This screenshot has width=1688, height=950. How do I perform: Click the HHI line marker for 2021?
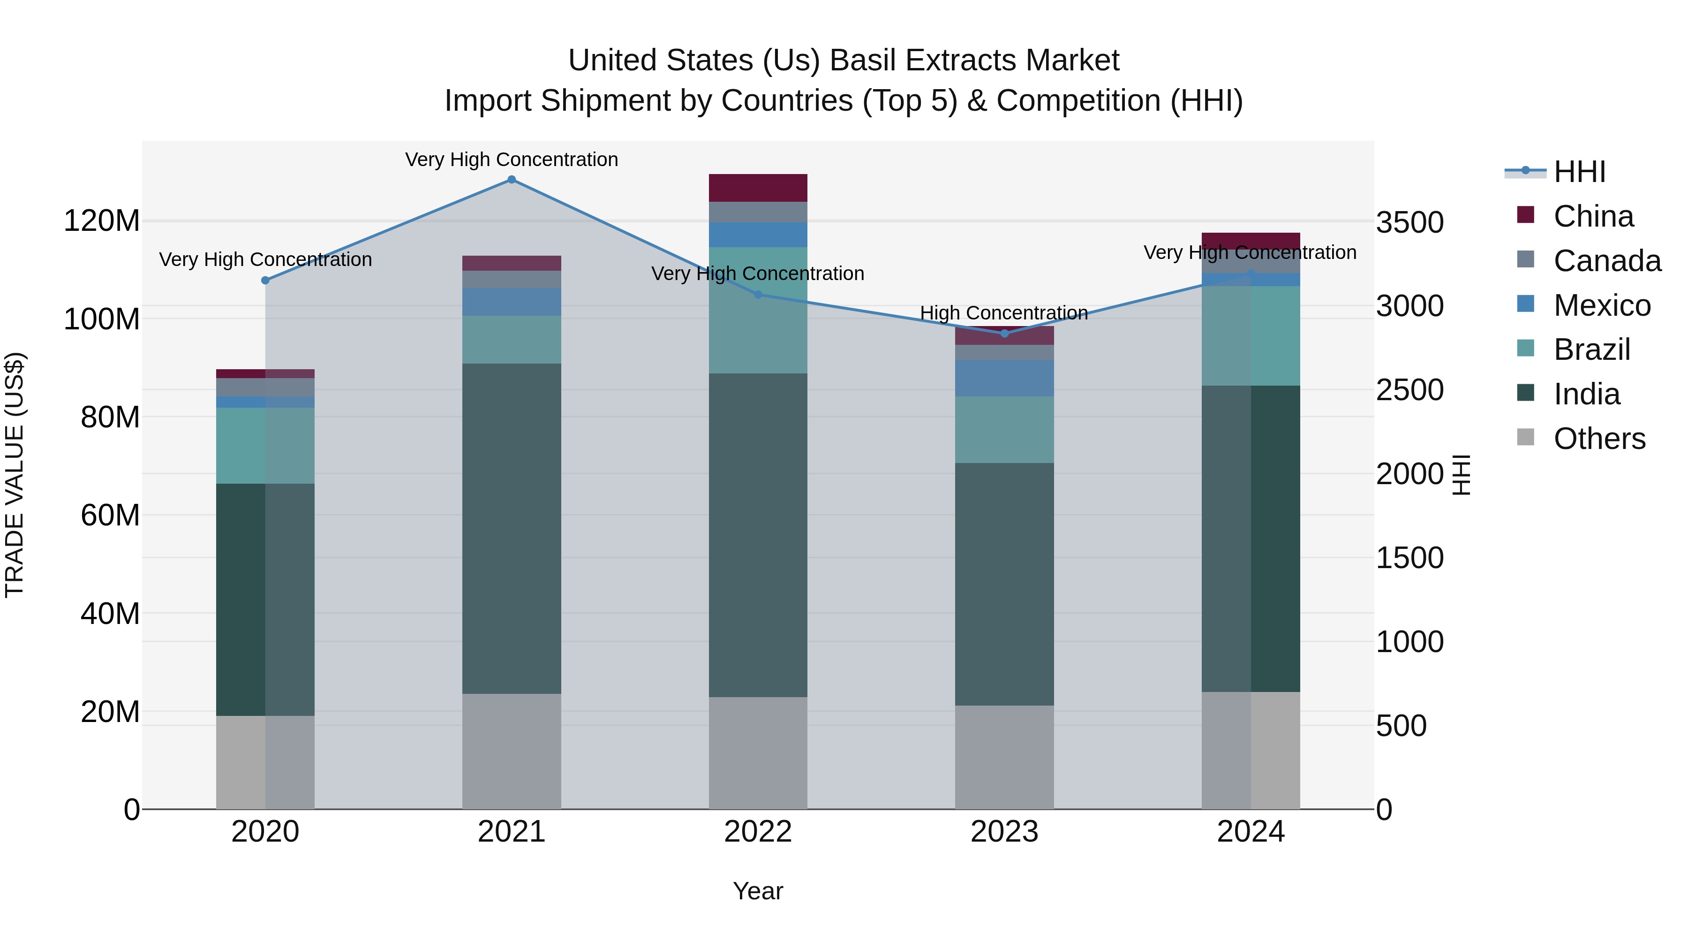click(512, 180)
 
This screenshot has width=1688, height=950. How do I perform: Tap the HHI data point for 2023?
click(1004, 334)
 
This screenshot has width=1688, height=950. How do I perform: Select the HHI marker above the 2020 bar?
click(265, 281)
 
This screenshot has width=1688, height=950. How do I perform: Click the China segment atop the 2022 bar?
click(758, 188)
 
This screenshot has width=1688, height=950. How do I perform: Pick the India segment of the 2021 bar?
click(512, 528)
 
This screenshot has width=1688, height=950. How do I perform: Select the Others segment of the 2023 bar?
click(1004, 757)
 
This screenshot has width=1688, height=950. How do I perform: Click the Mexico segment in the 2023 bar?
click(1004, 378)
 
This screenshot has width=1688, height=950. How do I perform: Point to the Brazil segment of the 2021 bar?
click(512, 340)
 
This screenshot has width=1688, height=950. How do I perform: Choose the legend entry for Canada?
click(1607, 261)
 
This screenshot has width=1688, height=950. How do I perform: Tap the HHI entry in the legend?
click(1579, 172)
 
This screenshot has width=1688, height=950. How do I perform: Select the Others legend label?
click(1599, 439)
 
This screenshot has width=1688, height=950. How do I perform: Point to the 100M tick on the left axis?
click(102, 319)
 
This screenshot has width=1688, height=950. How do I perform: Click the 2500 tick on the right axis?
click(1409, 390)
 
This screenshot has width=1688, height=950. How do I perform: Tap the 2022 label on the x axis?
click(758, 832)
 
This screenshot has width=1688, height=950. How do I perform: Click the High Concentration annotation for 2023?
click(1004, 313)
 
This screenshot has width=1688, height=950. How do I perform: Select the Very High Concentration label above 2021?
click(512, 160)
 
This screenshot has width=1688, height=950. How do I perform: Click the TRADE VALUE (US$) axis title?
click(15, 475)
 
